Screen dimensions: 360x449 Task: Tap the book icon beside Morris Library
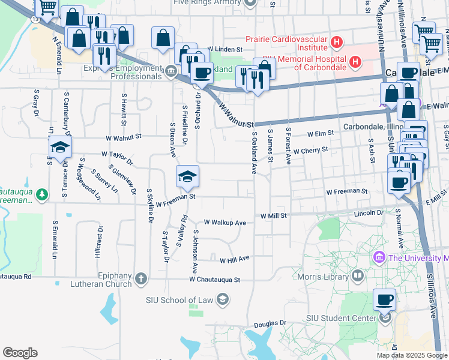[x=358, y=275]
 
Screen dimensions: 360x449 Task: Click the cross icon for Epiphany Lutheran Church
[x=140, y=278]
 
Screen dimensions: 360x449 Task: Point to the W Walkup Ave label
[x=225, y=223]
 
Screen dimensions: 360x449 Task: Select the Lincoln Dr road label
[x=369, y=213]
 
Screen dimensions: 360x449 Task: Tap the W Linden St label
[x=223, y=49]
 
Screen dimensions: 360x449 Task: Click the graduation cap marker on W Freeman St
[x=187, y=176]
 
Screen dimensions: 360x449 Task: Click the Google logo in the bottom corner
[x=20, y=353]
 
